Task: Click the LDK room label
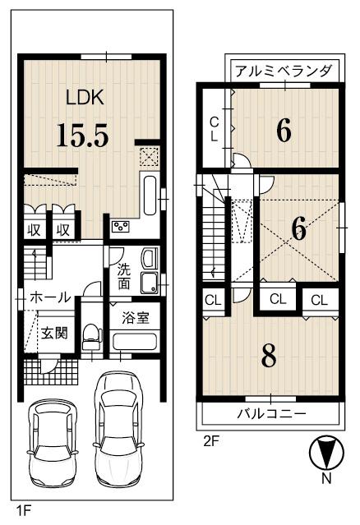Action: point(85,98)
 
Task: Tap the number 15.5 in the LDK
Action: point(82,135)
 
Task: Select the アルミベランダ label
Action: point(284,71)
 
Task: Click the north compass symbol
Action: point(326,454)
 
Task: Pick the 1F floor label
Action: point(24,511)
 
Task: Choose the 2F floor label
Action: point(212,440)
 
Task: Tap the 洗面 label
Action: point(123,275)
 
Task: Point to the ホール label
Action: point(49,297)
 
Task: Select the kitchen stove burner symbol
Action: point(121,226)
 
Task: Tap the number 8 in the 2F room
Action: point(269,356)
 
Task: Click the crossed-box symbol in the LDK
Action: point(150,156)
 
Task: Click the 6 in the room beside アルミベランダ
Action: point(284,131)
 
